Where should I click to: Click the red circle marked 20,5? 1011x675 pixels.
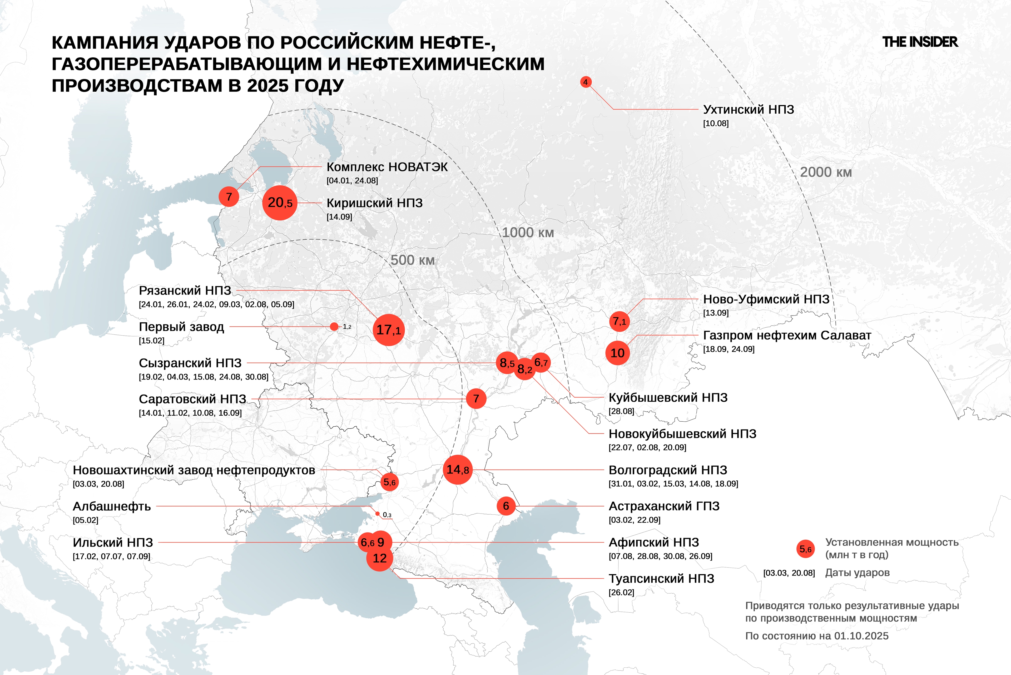click(x=280, y=203)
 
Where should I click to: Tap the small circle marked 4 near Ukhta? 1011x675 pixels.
click(x=585, y=82)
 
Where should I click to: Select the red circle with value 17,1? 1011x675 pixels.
click(x=388, y=330)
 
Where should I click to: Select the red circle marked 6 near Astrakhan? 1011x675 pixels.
click(x=506, y=506)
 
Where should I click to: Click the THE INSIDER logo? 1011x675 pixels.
click(x=920, y=42)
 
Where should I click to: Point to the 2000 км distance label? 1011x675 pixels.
click(x=825, y=172)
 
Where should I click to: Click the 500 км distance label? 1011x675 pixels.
click(x=412, y=260)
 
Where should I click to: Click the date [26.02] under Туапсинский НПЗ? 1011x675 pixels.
click(x=621, y=592)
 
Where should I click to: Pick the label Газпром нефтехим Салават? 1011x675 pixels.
click(x=787, y=335)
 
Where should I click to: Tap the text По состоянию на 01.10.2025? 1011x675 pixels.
click(x=816, y=636)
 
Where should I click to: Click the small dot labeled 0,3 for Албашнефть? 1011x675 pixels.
click(x=378, y=514)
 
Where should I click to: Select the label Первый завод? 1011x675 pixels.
click(x=181, y=327)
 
